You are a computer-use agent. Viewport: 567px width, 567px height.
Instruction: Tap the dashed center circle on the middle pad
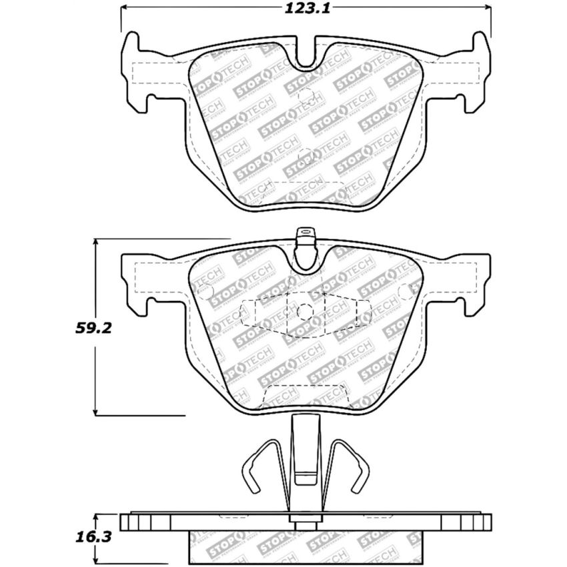tap(305, 312)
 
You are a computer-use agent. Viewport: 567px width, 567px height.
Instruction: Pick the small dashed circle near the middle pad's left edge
tap(206, 291)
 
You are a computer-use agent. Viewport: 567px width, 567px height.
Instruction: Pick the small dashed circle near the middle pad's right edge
tap(404, 291)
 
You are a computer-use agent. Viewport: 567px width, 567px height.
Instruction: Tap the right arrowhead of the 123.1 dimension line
tap(488, 9)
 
